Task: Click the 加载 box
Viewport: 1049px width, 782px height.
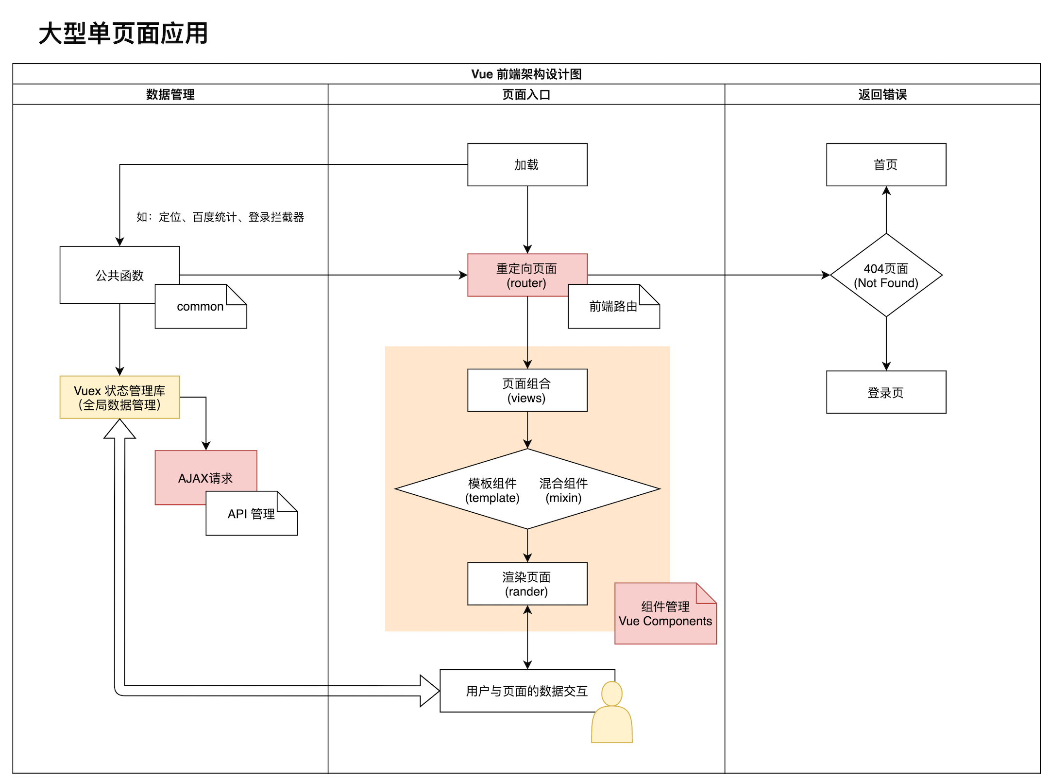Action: (x=527, y=165)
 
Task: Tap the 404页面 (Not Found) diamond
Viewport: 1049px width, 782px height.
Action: (x=886, y=276)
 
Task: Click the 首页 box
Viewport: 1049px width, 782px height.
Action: (x=886, y=165)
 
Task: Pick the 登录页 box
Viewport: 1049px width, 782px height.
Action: (x=886, y=392)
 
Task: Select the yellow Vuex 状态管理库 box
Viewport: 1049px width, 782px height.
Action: (x=119, y=398)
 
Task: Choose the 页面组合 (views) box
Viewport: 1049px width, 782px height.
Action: (x=527, y=391)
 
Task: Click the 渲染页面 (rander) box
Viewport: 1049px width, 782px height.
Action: (x=527, y=584)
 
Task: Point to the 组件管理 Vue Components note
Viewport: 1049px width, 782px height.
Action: (x=665, y=614)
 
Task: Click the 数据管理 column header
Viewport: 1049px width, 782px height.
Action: (x=170, y=94)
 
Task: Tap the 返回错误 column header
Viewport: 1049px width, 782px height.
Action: (x=882, y=94)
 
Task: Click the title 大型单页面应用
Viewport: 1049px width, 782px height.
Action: (x=123, y=34)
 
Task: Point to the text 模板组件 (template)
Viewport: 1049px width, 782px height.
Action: (x=492, y=490)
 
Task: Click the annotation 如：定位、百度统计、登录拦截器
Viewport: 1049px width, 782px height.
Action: (x=220, y=217)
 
